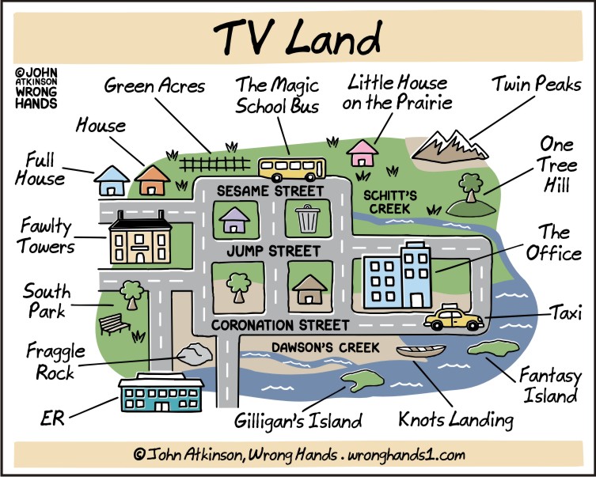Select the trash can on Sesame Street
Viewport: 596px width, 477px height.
click(306, 218)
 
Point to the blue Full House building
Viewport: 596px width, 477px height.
click(112, 181)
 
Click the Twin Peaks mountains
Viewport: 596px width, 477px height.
click(448, 143)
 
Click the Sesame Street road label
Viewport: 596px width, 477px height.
click(270, 191)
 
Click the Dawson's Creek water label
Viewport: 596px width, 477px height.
click(325, 346)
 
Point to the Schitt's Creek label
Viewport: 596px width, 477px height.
click(386, 201)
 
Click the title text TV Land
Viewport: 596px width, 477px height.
click(298, 36)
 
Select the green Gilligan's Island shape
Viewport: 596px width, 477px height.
click(360, 380)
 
